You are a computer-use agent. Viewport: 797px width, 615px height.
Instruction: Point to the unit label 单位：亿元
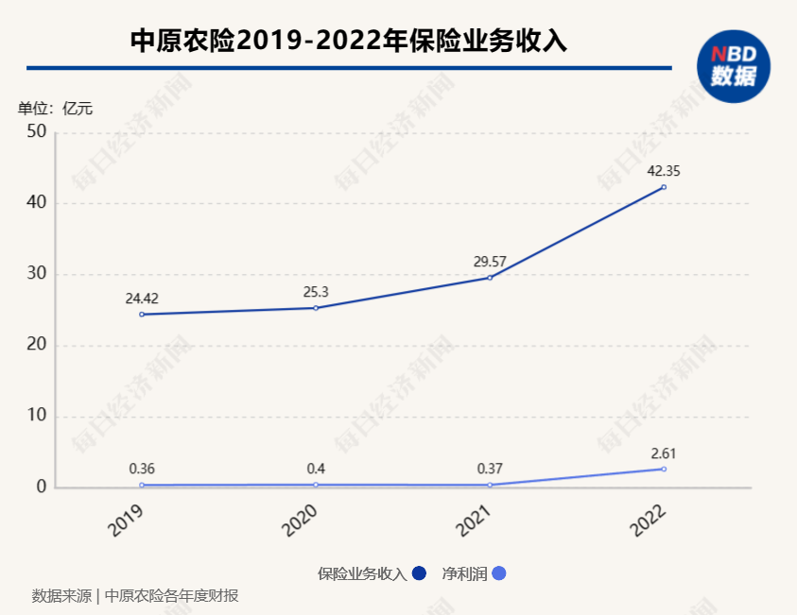coord(55,109)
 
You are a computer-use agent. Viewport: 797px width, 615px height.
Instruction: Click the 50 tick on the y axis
coord(37,132)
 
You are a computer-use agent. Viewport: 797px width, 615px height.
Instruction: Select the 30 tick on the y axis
coord(37,275)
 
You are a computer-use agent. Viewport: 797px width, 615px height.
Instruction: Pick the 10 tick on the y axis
coord(37,417)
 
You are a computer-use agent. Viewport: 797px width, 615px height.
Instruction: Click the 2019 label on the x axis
coord(126,521)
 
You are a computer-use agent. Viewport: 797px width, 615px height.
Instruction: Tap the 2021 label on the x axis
coord(474,521)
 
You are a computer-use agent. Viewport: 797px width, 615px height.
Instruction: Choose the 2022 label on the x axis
coord(649,521)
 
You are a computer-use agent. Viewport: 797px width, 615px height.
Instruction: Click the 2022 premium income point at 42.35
coord(664,187)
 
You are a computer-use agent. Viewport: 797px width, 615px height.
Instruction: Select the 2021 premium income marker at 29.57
coord(490,278)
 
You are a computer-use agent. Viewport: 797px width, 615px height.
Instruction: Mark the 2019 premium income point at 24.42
coord(142,315)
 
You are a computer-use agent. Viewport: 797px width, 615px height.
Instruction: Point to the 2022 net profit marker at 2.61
coord(664,470)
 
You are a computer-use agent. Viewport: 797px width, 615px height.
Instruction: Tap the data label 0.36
coord(142,469)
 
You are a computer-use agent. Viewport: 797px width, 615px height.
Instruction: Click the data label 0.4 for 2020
coord(316,469)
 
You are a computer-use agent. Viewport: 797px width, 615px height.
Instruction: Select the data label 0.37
coord(490,469)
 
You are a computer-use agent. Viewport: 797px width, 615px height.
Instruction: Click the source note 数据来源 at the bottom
coord(61,596)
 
